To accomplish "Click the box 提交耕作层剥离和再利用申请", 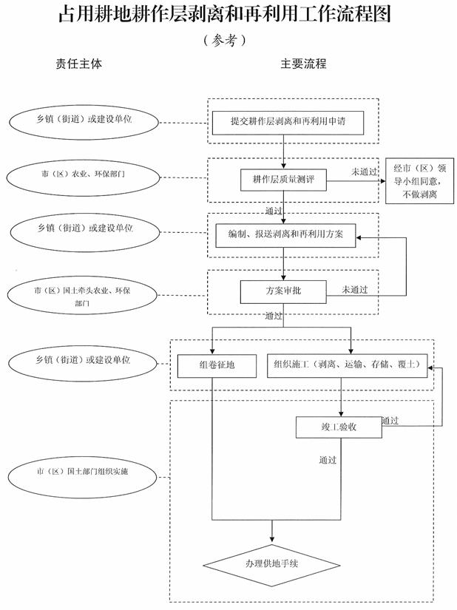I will pyautogui.click(x=284, y=121).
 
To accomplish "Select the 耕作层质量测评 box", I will pyautogui.click(x=284, y=180).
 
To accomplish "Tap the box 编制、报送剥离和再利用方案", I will pyautogui.click(x=285, y=234).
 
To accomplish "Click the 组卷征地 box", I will pyautogui.click(x=212, y=365).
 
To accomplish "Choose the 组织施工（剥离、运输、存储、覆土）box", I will pyautogui.click(x=347, y=365).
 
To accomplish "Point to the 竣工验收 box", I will pyautogui.click(x=339, y=427).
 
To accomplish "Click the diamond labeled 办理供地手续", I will pyautogui.click(x=271, y=565).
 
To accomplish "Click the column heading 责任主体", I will pyautogui.click(x=80, y=64).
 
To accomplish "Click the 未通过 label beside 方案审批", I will pyautogui.click(x=355, y=289).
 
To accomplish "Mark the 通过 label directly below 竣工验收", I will pyautogui.click(x=328, y=460).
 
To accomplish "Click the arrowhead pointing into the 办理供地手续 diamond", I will pyautogui.click(x=272, y=537).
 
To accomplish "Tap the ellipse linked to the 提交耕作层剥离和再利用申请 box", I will pyautogui.click(x=83, y=121).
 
